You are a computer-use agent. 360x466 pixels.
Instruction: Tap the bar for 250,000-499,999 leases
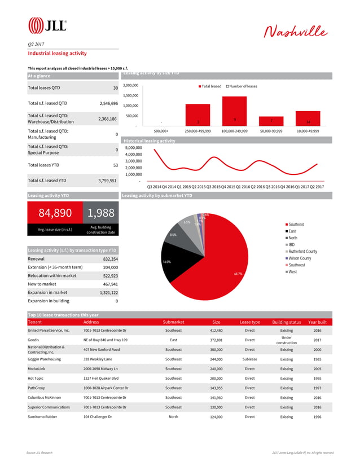click(197, 115)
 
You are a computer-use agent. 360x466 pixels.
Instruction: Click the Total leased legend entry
click(210, 86)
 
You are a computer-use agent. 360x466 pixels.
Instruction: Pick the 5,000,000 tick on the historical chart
click(133, 147)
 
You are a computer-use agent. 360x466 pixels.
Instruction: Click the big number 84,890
click(55, 213)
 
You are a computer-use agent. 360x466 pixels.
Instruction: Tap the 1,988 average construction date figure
click(101, 213)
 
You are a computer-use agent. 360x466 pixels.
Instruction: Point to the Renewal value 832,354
click(107, 259)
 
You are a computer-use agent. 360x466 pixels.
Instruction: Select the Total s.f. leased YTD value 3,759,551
click(105, 181)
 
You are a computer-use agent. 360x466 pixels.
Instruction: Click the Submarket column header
click(173, 322)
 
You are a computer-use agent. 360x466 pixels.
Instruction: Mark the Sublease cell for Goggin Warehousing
click(249, 359)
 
